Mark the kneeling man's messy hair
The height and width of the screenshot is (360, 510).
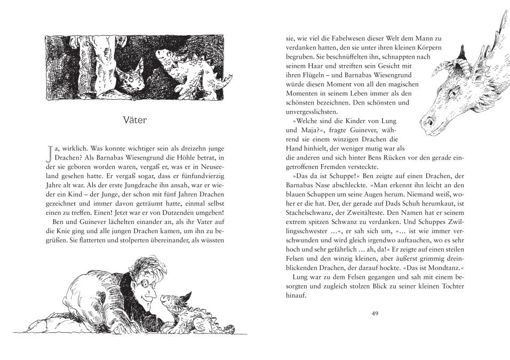141,267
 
